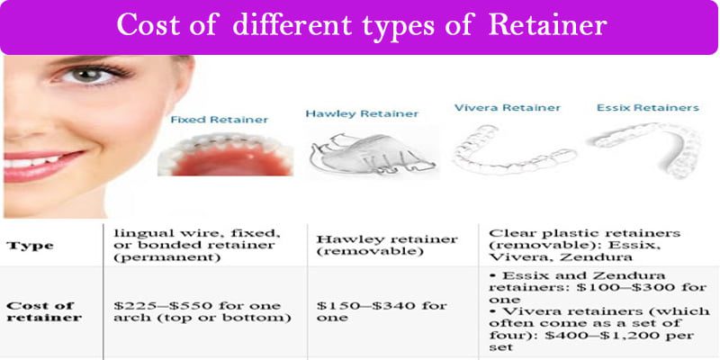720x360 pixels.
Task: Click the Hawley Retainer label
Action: pyautogui.click(x=362, y=114)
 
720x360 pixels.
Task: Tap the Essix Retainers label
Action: pyautogui.click(x=647, y=108)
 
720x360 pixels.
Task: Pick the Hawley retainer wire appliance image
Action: pyautogui.click(x=369, y=156)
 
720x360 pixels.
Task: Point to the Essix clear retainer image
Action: pyautogui.click(x=645, y=144)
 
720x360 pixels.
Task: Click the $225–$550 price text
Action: pyautogui.click(x=166, y=305)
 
